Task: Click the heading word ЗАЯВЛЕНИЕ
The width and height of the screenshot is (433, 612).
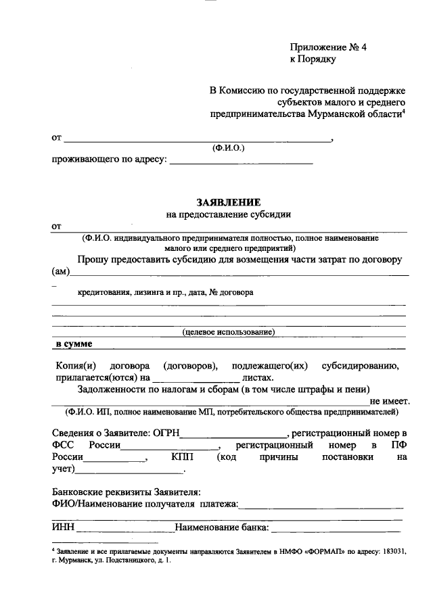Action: (x=229, y=202)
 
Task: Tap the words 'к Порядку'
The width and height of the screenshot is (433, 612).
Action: (x=313, y=59)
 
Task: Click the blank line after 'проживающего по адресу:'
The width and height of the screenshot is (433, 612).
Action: (x=241, y=162)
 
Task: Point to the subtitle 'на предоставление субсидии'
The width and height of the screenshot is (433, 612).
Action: (x=229, y=214)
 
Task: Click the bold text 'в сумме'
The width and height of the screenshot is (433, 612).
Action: (x=74, y=344)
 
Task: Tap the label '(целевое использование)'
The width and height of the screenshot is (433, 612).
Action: (x=229, y=332)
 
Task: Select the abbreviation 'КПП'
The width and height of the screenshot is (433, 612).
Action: (x=182, y=458)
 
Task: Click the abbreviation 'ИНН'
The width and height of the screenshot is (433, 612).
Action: (x=64, y=527)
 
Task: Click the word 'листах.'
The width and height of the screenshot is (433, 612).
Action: (x=258, y=378)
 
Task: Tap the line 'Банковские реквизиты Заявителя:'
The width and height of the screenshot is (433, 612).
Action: (x=127, y=492)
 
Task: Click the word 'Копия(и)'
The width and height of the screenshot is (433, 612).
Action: (x=74, y=366)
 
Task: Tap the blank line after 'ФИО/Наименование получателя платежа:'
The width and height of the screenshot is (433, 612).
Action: (x=323, y=504)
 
